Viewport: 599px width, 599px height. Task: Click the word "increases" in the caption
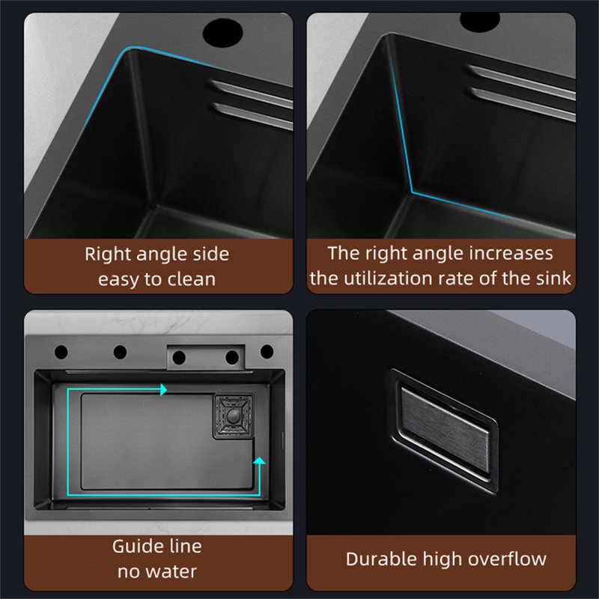[x=511, y=253]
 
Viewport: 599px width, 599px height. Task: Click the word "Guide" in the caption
[x=139, y=547]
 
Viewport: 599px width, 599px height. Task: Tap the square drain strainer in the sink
[x=233, y=416]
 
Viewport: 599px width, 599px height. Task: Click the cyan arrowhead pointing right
[x=163, y=389]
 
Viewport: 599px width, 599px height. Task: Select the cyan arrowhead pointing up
[x=259, y=460]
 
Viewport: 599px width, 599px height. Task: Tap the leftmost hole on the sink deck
[x=61, y=352]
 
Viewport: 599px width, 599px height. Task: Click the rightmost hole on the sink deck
[x=267, y=351]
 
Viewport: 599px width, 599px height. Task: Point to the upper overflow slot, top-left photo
[x=252, y=94]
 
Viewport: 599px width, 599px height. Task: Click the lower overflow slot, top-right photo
[x=523, y=103]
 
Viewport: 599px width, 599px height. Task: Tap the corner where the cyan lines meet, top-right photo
[x=413, y=192]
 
